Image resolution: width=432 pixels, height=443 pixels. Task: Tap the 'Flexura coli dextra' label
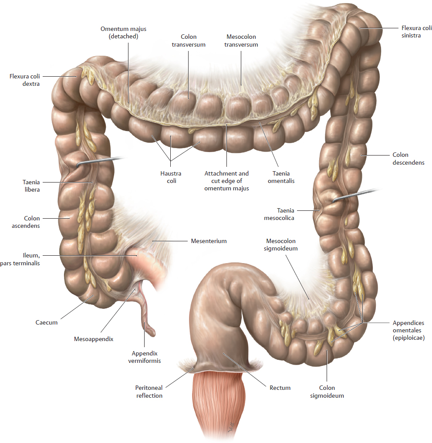(24, 80)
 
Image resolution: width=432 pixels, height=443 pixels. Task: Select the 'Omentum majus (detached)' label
(124, 33)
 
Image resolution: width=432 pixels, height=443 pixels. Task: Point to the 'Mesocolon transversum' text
(241, 41)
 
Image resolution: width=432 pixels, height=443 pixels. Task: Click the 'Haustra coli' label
(171, 177)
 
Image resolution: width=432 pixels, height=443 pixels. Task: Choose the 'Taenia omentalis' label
(281, 177)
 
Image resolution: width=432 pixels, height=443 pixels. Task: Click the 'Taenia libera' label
(31, 186)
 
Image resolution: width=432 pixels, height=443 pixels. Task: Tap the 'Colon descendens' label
(408, 159)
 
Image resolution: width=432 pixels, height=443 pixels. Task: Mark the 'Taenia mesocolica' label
(279, 214)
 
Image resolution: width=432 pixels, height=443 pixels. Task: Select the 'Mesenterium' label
(209, 241)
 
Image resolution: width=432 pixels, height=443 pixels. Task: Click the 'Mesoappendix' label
(94, 339)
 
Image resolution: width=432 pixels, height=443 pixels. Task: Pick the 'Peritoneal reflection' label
(149, 392)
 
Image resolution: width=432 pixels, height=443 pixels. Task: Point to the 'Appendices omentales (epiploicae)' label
(408, 330)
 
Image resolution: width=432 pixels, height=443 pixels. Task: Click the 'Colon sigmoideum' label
(327, 392)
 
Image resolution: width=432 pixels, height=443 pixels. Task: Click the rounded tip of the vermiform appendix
(152, 333)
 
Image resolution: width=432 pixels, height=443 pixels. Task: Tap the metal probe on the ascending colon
(99, 161)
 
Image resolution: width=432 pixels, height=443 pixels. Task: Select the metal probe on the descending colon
(355, 195)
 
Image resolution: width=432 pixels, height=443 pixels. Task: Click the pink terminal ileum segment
(147, 264)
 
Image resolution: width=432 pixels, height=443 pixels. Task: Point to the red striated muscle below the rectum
(219, 404)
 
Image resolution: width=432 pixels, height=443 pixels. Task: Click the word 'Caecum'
(46, 322)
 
